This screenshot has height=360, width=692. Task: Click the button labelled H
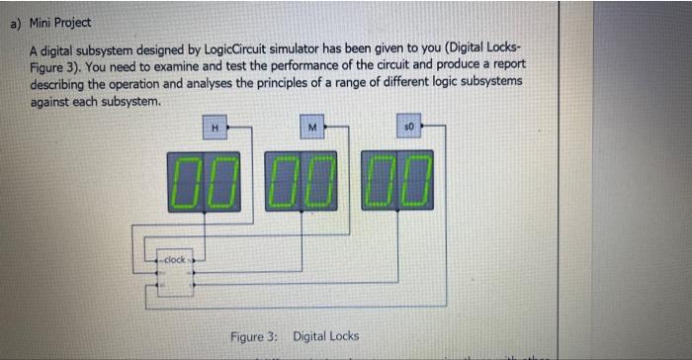(x=215, y=127)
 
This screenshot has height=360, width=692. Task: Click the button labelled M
(x=311, y=127)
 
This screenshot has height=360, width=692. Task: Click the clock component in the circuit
(x=173, y=261)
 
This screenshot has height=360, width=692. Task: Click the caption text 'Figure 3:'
(x=255, y=336)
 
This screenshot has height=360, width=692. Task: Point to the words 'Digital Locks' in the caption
(x=326, y=336)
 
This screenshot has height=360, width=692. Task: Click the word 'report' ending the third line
(x=505, y=65)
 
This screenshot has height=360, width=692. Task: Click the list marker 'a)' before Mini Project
(x=16, y=22)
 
